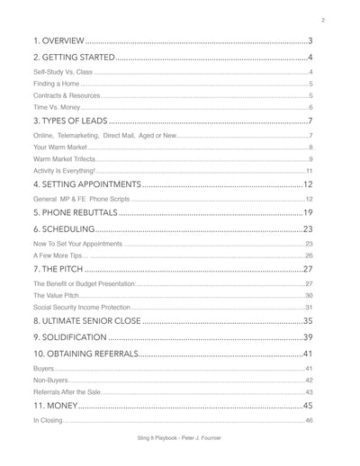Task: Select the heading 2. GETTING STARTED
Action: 73,58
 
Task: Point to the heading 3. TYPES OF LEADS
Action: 69,121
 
